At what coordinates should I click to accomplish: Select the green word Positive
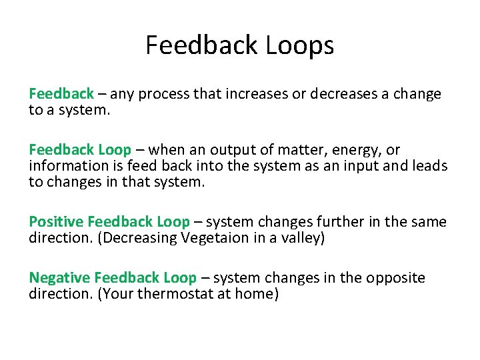click(56, 221)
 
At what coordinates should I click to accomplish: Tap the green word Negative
click(59, 277)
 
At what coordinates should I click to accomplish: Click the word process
click(162, 94)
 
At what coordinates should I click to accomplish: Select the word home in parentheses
click(253, 294)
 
